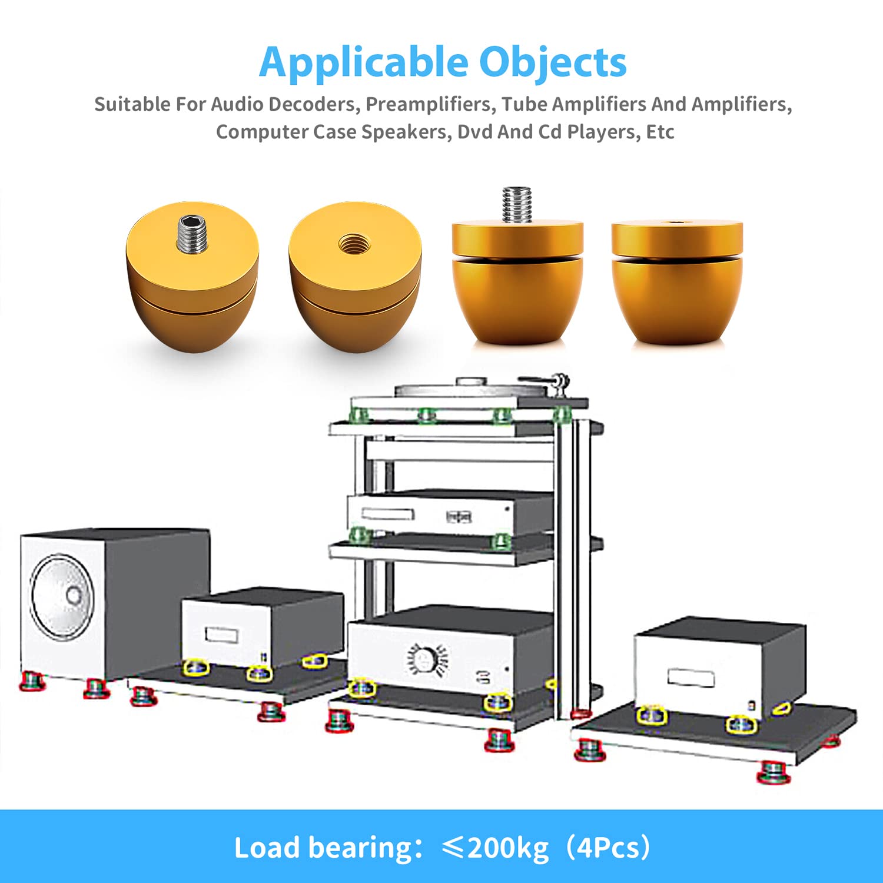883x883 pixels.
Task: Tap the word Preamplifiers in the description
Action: [429, 104]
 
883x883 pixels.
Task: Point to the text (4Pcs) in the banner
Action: [608, 848]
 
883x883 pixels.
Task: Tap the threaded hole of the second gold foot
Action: [354, 243]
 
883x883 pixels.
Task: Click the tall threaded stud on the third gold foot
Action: [517, 204]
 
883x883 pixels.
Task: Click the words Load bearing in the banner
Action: [323, 848]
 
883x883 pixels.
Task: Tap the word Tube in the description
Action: [523, 104]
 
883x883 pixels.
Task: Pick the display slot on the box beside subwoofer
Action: [221, 635]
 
